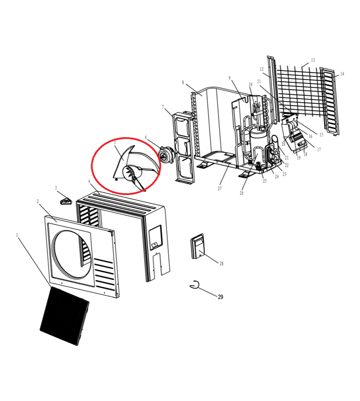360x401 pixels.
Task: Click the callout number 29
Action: tap(220, 297)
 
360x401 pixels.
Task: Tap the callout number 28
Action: tap(221, 264)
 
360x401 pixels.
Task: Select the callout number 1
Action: tap(17, 235)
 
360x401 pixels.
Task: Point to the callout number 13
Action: tap(313, 60)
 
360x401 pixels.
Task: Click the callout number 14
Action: tap(342, 74)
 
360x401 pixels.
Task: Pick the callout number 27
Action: tap(220, 189)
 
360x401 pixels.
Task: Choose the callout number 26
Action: tap(242, 193)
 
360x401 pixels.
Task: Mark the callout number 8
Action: tap(183, 82)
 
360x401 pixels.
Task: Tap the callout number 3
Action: tap(56, 188)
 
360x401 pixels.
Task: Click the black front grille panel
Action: tap(65, 316)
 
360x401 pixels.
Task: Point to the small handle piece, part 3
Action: tap(66, 201)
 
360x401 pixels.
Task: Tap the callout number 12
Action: tap(261, 69)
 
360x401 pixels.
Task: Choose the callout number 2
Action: tap(38, 202)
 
